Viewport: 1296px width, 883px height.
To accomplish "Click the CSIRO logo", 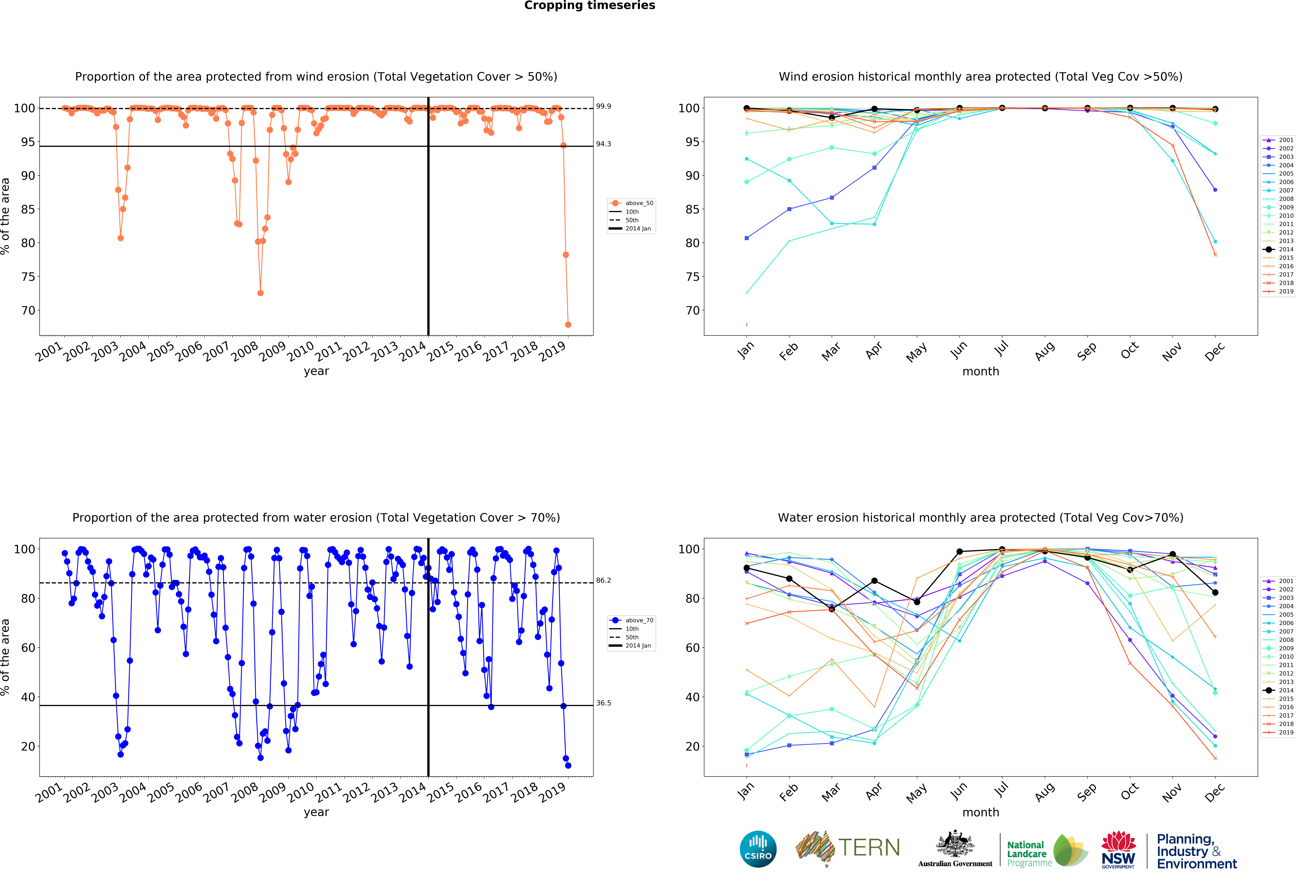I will (758, 849).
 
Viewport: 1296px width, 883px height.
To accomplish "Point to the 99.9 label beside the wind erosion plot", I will (603, 106).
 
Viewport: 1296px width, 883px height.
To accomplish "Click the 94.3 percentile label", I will (603, 144).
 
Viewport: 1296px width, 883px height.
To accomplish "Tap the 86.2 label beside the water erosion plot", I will (603, 580).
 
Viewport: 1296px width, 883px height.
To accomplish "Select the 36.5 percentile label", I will (603, 703).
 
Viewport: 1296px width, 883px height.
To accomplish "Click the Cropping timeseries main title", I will (589, 6).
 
